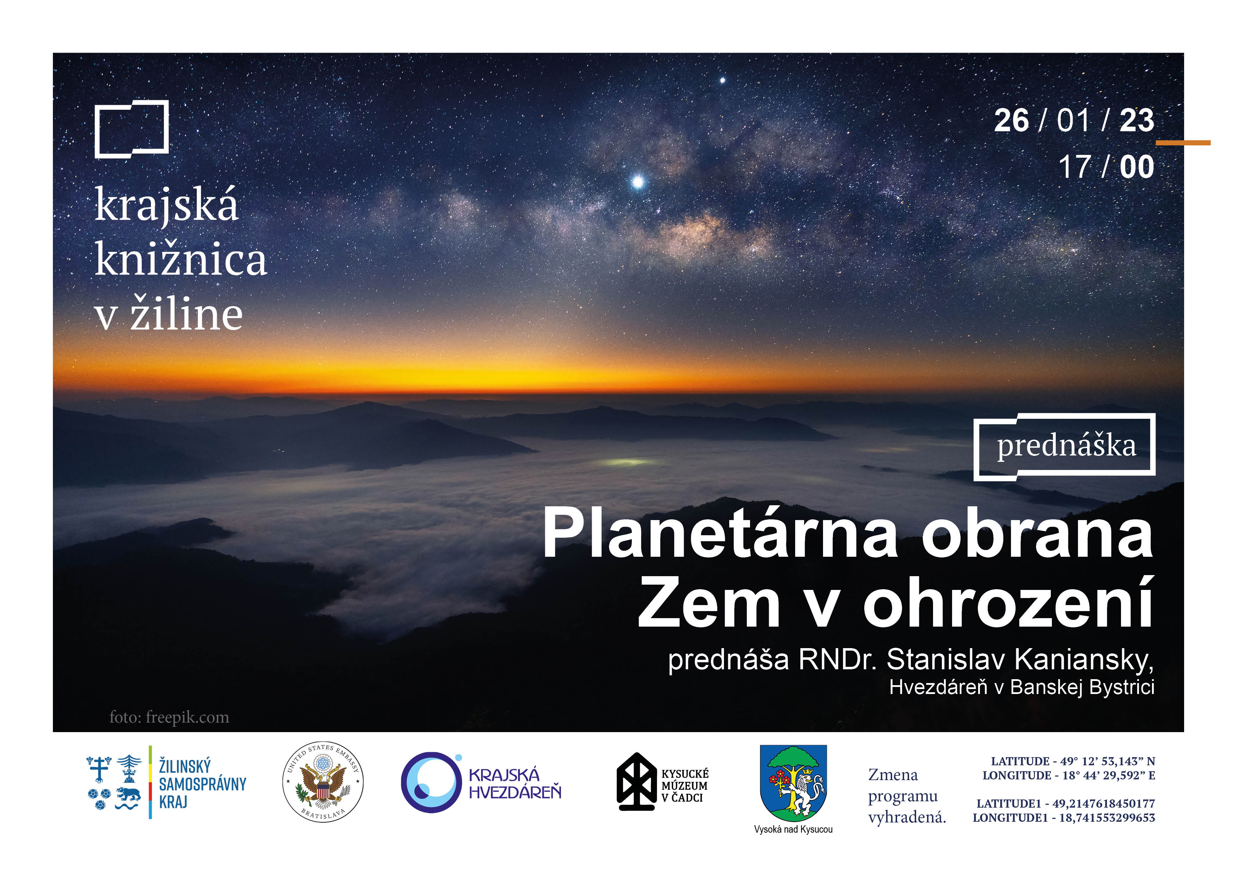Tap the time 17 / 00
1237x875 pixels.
(x=1106, y=167)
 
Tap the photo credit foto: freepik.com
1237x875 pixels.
(x=169, y=717)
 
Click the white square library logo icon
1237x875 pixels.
(x=132, y=129)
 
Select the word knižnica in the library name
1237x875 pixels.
(x=181, y=259)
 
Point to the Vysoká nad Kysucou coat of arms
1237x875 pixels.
(x=793, y=783)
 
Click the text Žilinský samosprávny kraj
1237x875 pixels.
(x=202, y=783)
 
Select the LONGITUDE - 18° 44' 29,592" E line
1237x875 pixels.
(x=1069, y=775)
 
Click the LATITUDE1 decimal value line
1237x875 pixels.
(x=1066, y=803)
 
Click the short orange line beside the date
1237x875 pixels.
(x=1183, y=143)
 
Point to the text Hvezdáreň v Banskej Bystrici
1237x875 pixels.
(x=1022, y=687)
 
